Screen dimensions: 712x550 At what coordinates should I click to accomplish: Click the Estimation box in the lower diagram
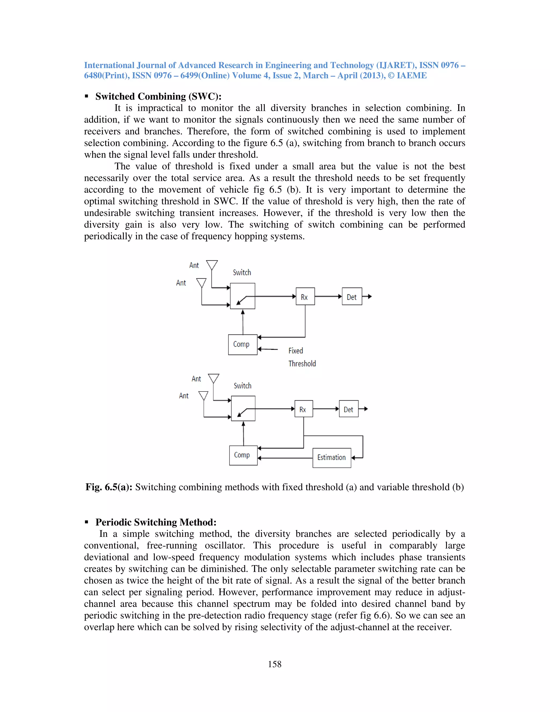click(x=332, y=458)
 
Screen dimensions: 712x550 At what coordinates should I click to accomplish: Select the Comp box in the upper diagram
click(x=243, y=345)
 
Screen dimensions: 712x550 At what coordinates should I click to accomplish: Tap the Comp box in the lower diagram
click(x=243, y=455)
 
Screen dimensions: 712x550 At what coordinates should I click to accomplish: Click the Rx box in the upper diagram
click(x=305, y=296)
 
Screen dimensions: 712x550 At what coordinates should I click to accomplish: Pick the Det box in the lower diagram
click(x=348, y=409)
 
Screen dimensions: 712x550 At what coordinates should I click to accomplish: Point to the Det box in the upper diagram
click(x=352, y=296)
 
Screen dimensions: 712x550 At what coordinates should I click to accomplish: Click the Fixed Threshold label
click(x=301, y=357)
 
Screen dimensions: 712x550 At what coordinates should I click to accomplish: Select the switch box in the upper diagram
click(x=243, y=296)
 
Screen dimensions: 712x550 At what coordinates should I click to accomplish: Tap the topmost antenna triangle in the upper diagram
click(x=212, y=264)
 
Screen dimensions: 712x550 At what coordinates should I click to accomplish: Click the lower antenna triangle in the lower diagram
click(x=203, y=395)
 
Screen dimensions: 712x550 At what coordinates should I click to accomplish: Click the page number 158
click(x=274, y=664)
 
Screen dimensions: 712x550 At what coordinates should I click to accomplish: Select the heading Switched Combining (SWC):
click(x=158, y=96)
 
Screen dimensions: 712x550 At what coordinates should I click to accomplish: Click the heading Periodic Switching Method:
click(x=156, y=522)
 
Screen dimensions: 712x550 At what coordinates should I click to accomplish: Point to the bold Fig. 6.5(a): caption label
click(x=109, y=487)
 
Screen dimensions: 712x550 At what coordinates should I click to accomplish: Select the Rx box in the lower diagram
click(x=303, y=409)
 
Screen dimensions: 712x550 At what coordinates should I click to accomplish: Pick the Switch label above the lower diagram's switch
click(x=243, y=386)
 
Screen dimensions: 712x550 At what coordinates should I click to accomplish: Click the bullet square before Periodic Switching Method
click(x=87, y=522)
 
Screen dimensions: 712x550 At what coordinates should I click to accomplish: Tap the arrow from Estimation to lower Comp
click(x=285, y=458)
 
